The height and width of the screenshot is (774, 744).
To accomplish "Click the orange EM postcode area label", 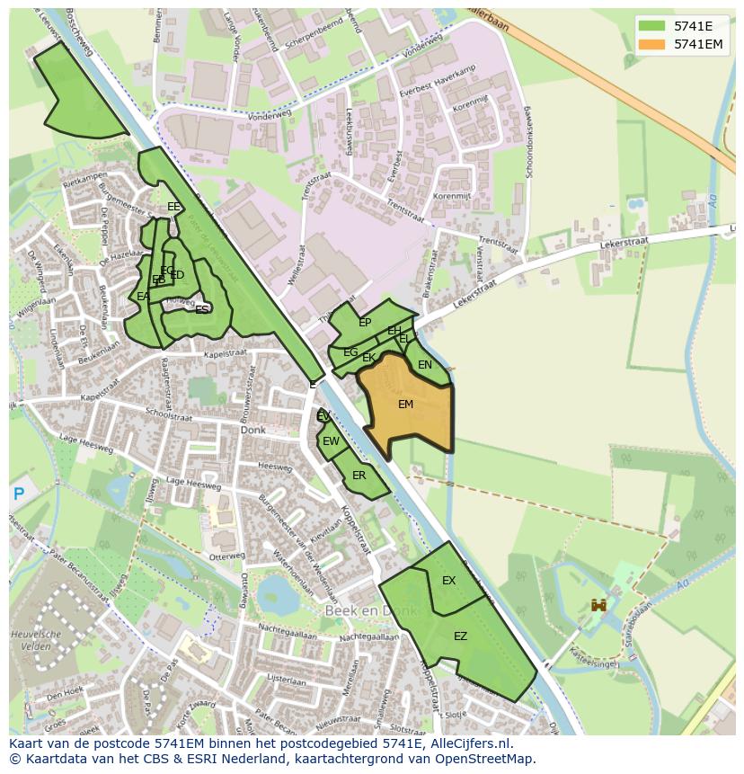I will coord(405,405).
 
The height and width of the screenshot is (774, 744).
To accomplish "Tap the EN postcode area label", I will coord(425,365).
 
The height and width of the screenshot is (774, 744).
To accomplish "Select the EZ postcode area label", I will coord(460,636).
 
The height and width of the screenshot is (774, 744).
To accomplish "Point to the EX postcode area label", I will coord(448,581).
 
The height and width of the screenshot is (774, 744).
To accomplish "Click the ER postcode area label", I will coord(359,476).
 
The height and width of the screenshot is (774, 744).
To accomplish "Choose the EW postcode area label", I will coord(331,441).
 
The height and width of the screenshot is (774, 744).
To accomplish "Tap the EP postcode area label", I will coord(365,323).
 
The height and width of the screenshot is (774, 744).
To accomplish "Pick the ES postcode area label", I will coord(202,309).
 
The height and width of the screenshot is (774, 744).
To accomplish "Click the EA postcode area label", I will coord(143,296).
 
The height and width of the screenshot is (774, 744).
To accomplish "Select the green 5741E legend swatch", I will coord(652,25).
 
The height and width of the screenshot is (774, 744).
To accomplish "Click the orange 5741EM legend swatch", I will coord(652,43).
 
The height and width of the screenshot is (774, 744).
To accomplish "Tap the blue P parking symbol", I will coord(18,494).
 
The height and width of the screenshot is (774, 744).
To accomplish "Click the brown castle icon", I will coord(598,607).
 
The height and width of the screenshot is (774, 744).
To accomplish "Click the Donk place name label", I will coord(253,431).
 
